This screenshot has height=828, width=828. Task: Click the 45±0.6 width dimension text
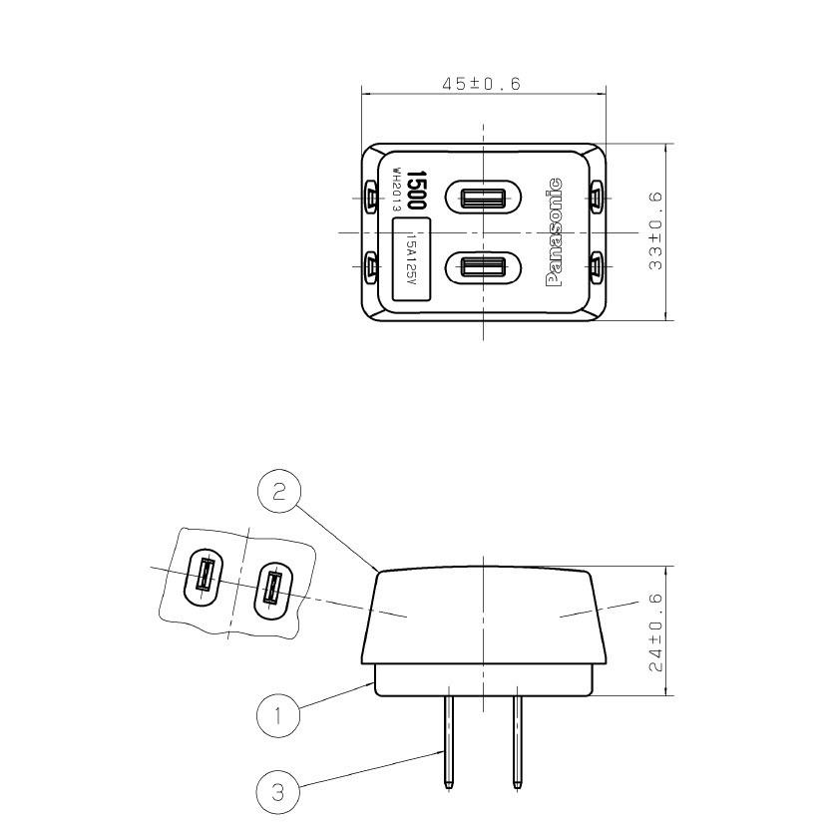coord(481,84)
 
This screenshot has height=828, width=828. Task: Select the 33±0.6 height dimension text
coord(655,231)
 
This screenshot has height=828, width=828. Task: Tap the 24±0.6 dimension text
coord(655,632)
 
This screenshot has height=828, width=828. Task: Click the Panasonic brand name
coord(554,232)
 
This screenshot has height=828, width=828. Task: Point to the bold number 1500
coord(417,190)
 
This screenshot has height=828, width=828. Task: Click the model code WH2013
coord(397,190)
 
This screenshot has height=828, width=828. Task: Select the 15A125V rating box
coord(411,259)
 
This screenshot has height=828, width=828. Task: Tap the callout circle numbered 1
coord(277,716)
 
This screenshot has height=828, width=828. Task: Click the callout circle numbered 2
coord(278,492)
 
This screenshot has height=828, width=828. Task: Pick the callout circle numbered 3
coord(277,792)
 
